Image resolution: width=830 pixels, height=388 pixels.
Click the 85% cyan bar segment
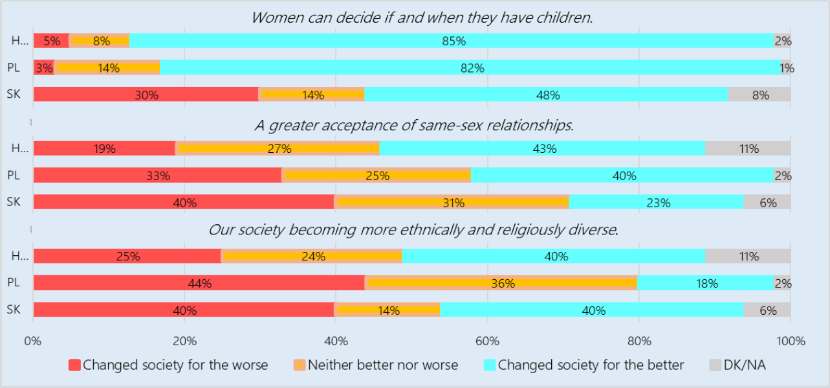coord(451,41)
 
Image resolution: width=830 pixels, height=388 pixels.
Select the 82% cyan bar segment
coord(470,67)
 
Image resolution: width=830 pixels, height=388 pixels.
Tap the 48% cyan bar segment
coord(546,94)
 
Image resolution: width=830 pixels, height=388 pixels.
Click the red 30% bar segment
coord(146,94)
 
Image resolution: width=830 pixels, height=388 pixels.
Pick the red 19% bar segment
coord(104,148)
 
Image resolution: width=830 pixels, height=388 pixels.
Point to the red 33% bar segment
coord(157,175)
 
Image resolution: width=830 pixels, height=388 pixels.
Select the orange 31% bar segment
coord(452,202)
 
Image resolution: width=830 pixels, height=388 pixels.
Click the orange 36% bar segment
coord(501,283)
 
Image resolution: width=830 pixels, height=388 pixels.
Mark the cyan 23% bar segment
coord(656,202)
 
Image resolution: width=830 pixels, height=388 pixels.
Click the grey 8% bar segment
coord(759,94)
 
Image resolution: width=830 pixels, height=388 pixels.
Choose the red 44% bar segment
coord(199,283)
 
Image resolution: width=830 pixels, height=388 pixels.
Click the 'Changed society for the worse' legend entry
coord(168,365)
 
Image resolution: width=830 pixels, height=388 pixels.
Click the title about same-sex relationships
coord(414,125)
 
